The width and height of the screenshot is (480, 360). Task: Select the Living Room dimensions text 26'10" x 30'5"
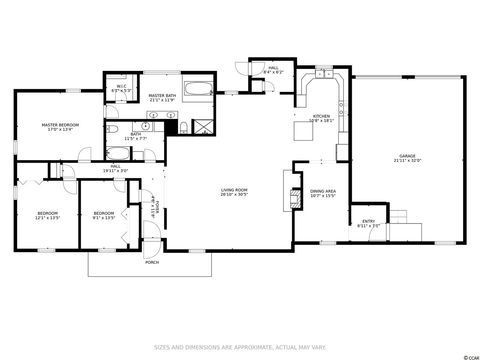[234, 195]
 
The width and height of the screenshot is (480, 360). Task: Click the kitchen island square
[303, 131]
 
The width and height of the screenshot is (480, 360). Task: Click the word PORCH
[152, 262]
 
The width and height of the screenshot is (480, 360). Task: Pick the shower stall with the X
[204, 126]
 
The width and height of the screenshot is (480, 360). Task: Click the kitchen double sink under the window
[324, 74]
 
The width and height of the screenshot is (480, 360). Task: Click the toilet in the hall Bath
[112, 129]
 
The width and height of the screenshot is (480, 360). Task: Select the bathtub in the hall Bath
[118, 153]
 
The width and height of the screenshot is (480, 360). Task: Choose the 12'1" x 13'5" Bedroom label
[48, 216]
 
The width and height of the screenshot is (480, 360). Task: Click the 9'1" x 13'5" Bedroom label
[104, 216]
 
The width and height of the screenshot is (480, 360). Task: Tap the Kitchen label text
[321, 116]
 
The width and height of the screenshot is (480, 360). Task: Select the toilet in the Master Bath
[184, 127]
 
